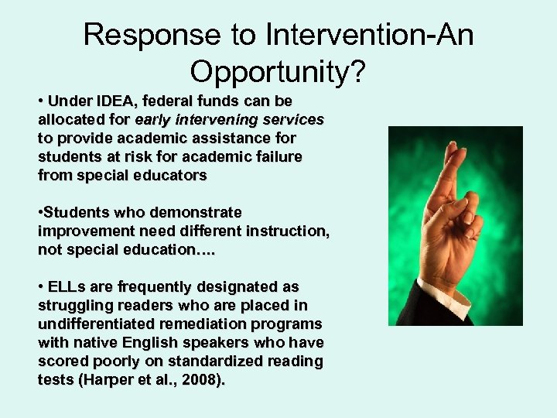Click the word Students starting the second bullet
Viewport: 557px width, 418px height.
tap(80, 212)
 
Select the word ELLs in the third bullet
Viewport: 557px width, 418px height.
tap(65, 286)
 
